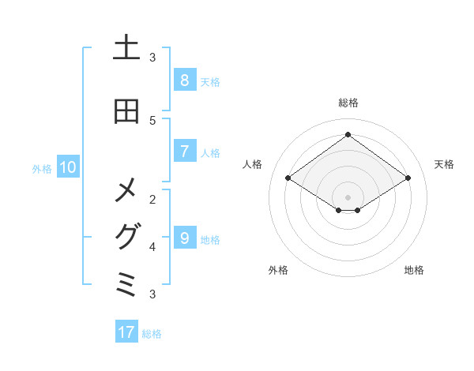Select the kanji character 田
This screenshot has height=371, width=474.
pyautogui.click(x=126, y=111)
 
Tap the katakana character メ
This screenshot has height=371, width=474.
pyautogui.click(x=126, y=190)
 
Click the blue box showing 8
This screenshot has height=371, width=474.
pyautogui.click(x=184, y=80)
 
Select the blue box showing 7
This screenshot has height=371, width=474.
pyautogui.click(x=184, y=151)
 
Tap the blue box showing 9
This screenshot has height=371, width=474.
pyautogui.click(x=184, y=238)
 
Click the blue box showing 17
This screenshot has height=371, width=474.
pyautogui.click(x=126, y=332)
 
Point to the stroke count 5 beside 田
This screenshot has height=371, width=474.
pyautogui.click(x=152, y=120)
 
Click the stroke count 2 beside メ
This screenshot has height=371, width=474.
pyautogui.click(x=152, y=199)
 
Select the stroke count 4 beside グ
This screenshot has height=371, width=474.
pyautogui.click(x=152, y=247)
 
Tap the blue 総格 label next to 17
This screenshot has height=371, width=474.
pyautogui.click(x=152, y=334)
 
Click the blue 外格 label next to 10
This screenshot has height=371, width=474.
pyautogui.click(x=41, y=168)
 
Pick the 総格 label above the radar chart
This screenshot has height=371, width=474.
pyautogui.click(x=348, y=103)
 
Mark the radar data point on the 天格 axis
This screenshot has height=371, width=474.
pyautogui.click(x=408, y=178)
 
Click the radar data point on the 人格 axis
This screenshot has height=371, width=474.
pyautogui.click(x=288, y=178)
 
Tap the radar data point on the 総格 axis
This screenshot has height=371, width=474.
pyautogui.click(x=348, y=134)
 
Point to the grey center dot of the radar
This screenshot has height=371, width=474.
pyautogui.click(x=348, y=197)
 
